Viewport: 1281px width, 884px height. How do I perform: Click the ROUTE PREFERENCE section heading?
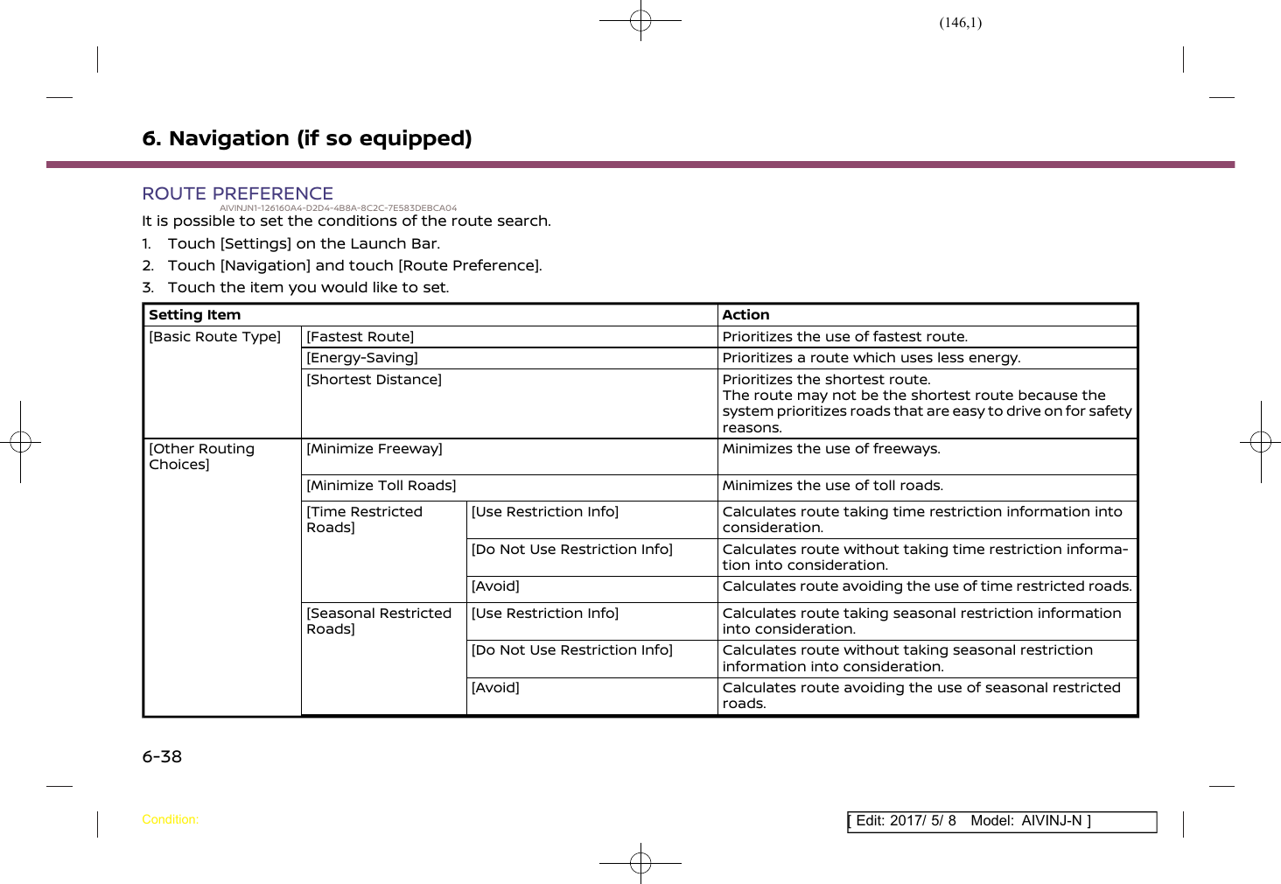point(237,193)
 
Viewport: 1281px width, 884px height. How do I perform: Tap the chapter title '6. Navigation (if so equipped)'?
point(307,138)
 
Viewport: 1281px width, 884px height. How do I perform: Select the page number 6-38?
point(162,757)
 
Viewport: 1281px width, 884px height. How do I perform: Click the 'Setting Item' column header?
point(194,315)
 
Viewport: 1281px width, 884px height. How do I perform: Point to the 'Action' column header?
point(745,315)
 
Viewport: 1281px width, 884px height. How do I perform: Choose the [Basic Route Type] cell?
point(214,337)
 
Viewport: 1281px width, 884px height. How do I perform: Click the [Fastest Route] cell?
point(360,337)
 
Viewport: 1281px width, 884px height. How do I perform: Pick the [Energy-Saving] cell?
point(362,358)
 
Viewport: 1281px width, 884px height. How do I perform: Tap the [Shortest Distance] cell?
point(374,380)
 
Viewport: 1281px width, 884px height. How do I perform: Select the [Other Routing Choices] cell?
point(201,456)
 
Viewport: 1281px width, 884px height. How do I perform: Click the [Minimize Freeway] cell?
point(374,449)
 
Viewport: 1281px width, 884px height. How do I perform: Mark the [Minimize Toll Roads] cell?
point(381,486)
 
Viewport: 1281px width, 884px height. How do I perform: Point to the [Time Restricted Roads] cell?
point(364,519)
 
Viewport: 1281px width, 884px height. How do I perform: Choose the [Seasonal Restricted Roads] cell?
point(378,621)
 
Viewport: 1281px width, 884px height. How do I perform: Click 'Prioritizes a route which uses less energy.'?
point(871,358)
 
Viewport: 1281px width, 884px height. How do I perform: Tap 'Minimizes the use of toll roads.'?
point(832,486)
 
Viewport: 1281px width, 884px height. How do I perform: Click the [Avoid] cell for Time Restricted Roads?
point(495,586)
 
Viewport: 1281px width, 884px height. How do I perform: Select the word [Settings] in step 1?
point(255,244)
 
